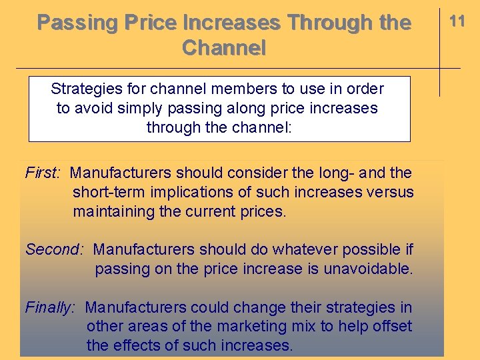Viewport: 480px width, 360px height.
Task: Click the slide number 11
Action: (x=457, y=21)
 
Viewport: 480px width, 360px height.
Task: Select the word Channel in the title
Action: (x=223, y=48)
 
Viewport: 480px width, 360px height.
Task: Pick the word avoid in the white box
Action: (x=92, y=108)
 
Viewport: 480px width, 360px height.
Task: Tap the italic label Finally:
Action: (x=51, y=308)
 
